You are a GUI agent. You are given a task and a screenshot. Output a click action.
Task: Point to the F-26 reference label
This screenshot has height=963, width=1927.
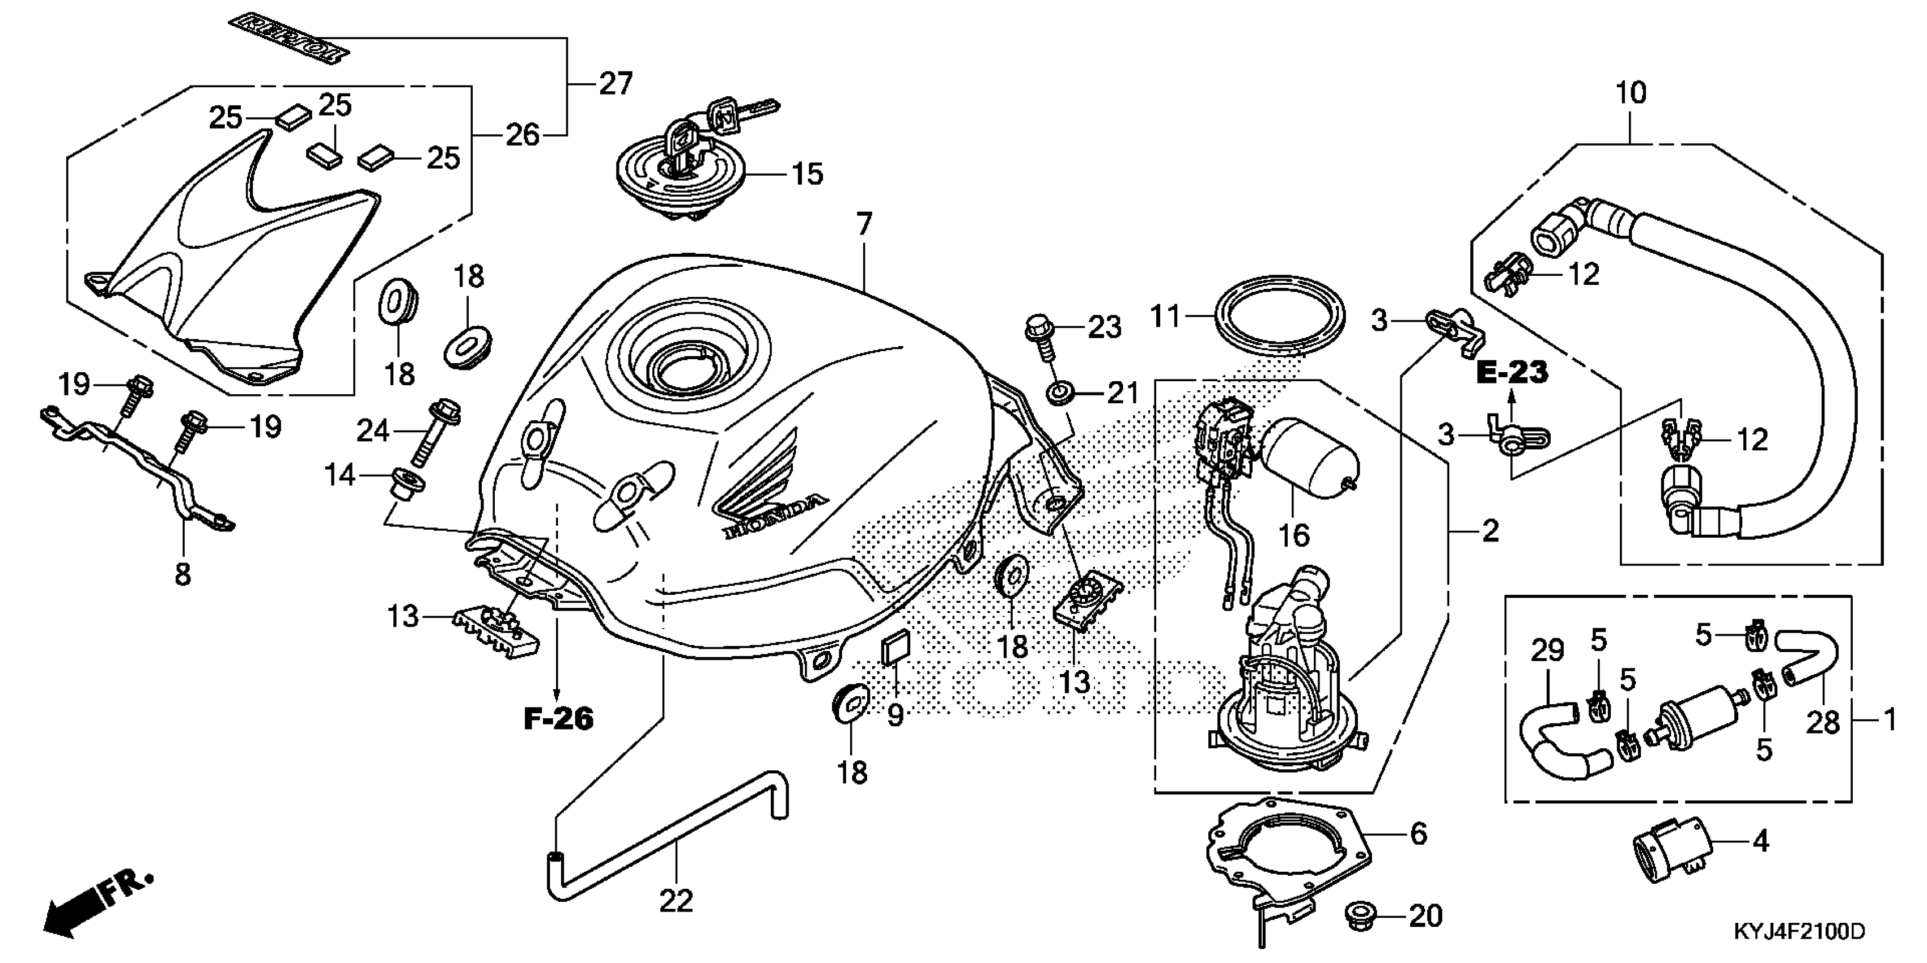pos(558,719)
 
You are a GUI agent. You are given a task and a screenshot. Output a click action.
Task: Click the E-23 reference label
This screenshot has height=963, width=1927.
pos(1512,372)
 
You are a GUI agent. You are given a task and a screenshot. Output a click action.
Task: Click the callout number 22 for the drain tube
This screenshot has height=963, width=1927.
pos(676,901)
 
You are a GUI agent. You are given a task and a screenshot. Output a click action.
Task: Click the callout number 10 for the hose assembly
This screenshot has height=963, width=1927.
pos(1631,93)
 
